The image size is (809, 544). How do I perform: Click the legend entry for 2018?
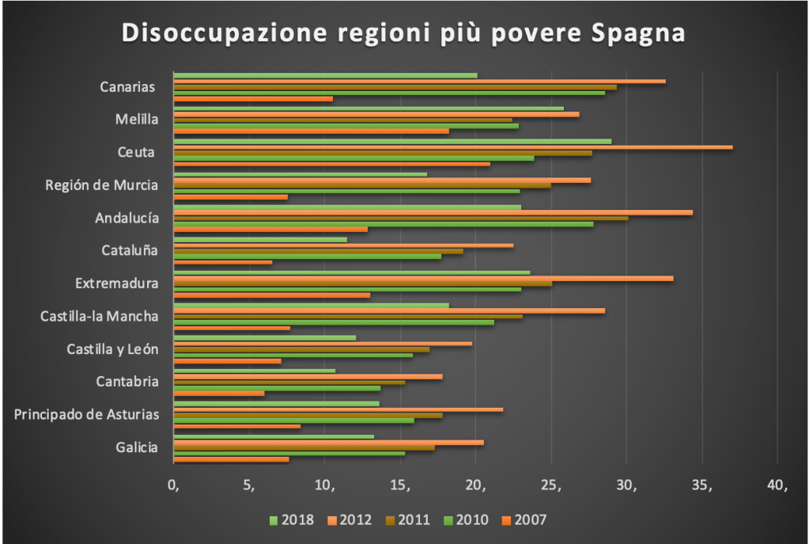pyautogui.click(x=292, y=520)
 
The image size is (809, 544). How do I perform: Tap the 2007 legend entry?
pyautogui.click(x=522, y=520)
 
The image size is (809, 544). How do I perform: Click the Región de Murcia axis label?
pyautogui.click(x=102, y=185)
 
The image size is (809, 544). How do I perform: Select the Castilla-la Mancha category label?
pyautogui.click(x=100, y=317)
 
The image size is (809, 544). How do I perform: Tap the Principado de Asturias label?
pyautogui.click(x=87, y=414)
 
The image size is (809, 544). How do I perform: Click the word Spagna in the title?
pyautogui.click(x=639, y=35)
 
